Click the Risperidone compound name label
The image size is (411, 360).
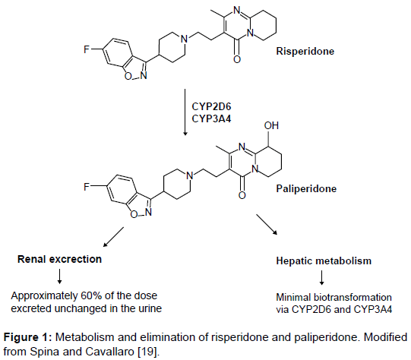[305, 51]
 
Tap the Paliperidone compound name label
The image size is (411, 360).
[306, 188]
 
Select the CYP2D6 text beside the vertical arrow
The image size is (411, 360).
[211, 107]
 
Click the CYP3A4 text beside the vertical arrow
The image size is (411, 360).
[211, 119]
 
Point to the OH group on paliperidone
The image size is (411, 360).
[271, 125]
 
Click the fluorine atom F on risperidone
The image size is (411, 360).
[87, 49]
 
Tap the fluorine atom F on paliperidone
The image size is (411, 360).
[87, 187]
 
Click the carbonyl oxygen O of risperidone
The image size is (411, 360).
[237, 59]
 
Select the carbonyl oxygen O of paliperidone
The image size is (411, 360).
[242, 195]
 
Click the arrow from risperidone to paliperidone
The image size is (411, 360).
[185, 112]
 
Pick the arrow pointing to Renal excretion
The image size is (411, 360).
[113, 237]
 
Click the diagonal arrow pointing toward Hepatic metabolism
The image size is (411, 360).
[267, 224]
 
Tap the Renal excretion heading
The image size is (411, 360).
[59, 259]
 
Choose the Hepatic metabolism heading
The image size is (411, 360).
[324, 261]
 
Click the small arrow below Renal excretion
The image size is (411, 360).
[59, 276]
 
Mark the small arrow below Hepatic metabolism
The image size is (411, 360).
[322, 278]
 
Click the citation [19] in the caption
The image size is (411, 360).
[147, 352]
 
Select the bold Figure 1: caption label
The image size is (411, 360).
[28, 337]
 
